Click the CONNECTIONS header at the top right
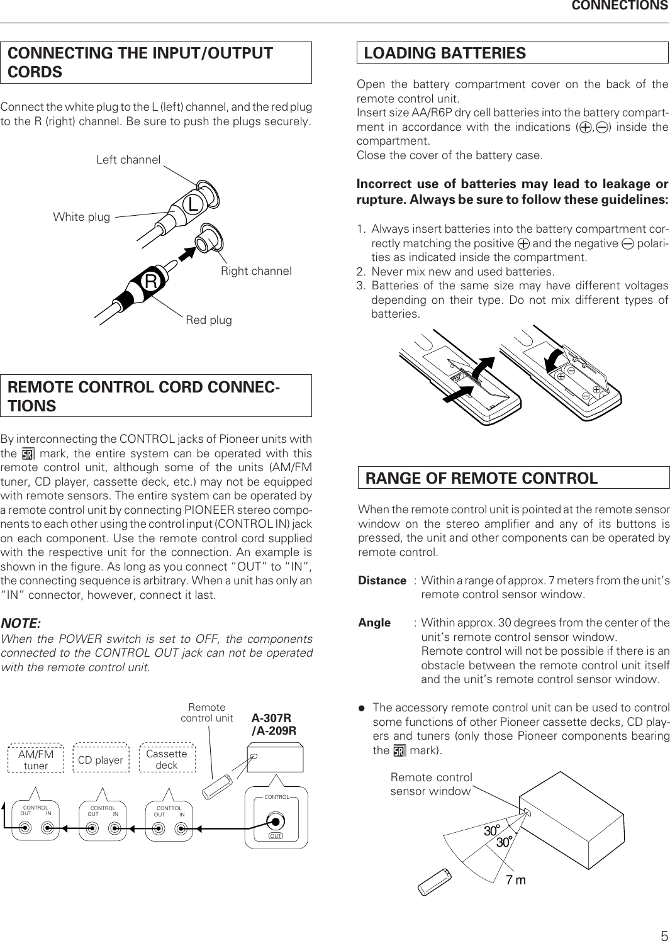click(x=619, y=6)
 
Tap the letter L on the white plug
click(x=193, y=204)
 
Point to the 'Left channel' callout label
click(x=128, y=160)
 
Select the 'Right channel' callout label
click(x=256, y=271)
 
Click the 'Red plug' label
click(x=209, y=320)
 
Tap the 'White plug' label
click(x=81, y=217)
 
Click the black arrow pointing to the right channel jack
click(x=182, y=255)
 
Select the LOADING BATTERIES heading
click(x=445, y=53)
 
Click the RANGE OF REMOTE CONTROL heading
click(x=482, y=478)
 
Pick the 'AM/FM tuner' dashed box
click(x=36, y=759)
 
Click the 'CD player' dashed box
click(x=100, y=760)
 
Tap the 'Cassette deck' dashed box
click(x=167, y=759)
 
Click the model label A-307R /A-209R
click(x=274, y=724)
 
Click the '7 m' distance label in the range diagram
click(x=515, y=880)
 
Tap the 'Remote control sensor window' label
click(x=431, y=785)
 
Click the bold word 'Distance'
click(x=382, y=581)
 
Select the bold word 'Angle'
click(x=374, y=623)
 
